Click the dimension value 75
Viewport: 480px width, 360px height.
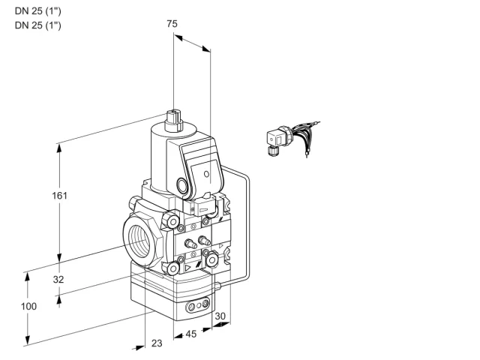coord(172,23)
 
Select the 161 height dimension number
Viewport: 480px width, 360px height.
coord(59,195)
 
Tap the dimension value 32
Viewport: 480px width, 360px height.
coord(58,279)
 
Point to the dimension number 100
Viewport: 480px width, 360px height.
coord(28,306)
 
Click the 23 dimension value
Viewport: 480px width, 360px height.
coord(157,343)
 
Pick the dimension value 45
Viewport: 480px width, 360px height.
coord(191,334)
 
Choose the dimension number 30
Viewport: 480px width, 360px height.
coord(220,316)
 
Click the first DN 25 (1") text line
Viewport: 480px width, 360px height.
coord(38,11)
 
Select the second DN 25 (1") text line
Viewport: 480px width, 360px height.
coord(38,25)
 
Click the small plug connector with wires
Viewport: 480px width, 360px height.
coord(292,138)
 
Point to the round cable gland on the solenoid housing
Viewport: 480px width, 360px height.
coord(182,185)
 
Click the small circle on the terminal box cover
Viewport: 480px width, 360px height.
coord(207,174)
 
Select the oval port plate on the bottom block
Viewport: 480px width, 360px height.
coord(198,305)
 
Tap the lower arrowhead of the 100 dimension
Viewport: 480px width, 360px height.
coord(28,340)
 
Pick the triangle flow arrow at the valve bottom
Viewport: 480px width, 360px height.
coord(187,268)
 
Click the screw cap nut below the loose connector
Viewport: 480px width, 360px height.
coord(271,151)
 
